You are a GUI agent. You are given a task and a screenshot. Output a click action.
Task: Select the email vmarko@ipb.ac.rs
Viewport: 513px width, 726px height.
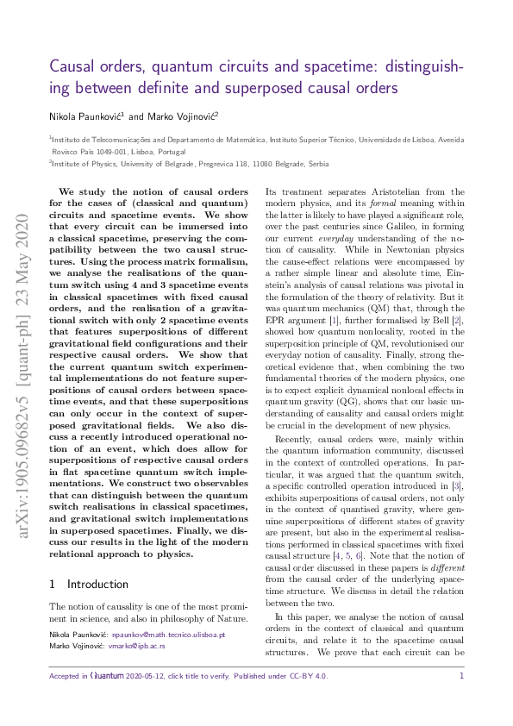[x=136, y=645]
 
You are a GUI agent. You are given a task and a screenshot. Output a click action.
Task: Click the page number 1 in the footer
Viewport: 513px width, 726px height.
[x=461, y=676]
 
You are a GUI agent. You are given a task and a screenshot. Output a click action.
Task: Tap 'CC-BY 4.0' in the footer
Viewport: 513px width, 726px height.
[x=310, y=676]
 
